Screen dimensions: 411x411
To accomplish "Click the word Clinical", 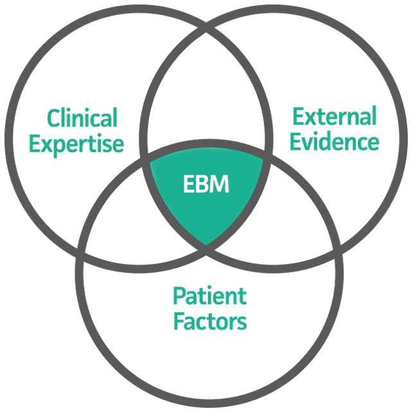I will click(82, 118).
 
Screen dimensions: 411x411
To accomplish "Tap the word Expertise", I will click(76, 143).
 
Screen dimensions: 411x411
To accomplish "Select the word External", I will click(334, 116).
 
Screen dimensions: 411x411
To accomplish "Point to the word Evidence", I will click(334, 141).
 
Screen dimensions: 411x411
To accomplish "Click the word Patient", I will click(209, 296).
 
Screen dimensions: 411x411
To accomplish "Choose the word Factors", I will click(209, 320).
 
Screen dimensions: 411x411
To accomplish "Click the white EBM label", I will click(206, 185).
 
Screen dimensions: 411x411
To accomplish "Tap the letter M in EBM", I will click(219, 185).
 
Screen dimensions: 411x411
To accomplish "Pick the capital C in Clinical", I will click(55, 119).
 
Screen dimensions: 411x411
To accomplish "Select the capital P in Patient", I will click(179, 296).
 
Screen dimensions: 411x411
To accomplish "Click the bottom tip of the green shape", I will click(206, 245).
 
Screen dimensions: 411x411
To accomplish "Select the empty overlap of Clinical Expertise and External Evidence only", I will click(206, 96).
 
